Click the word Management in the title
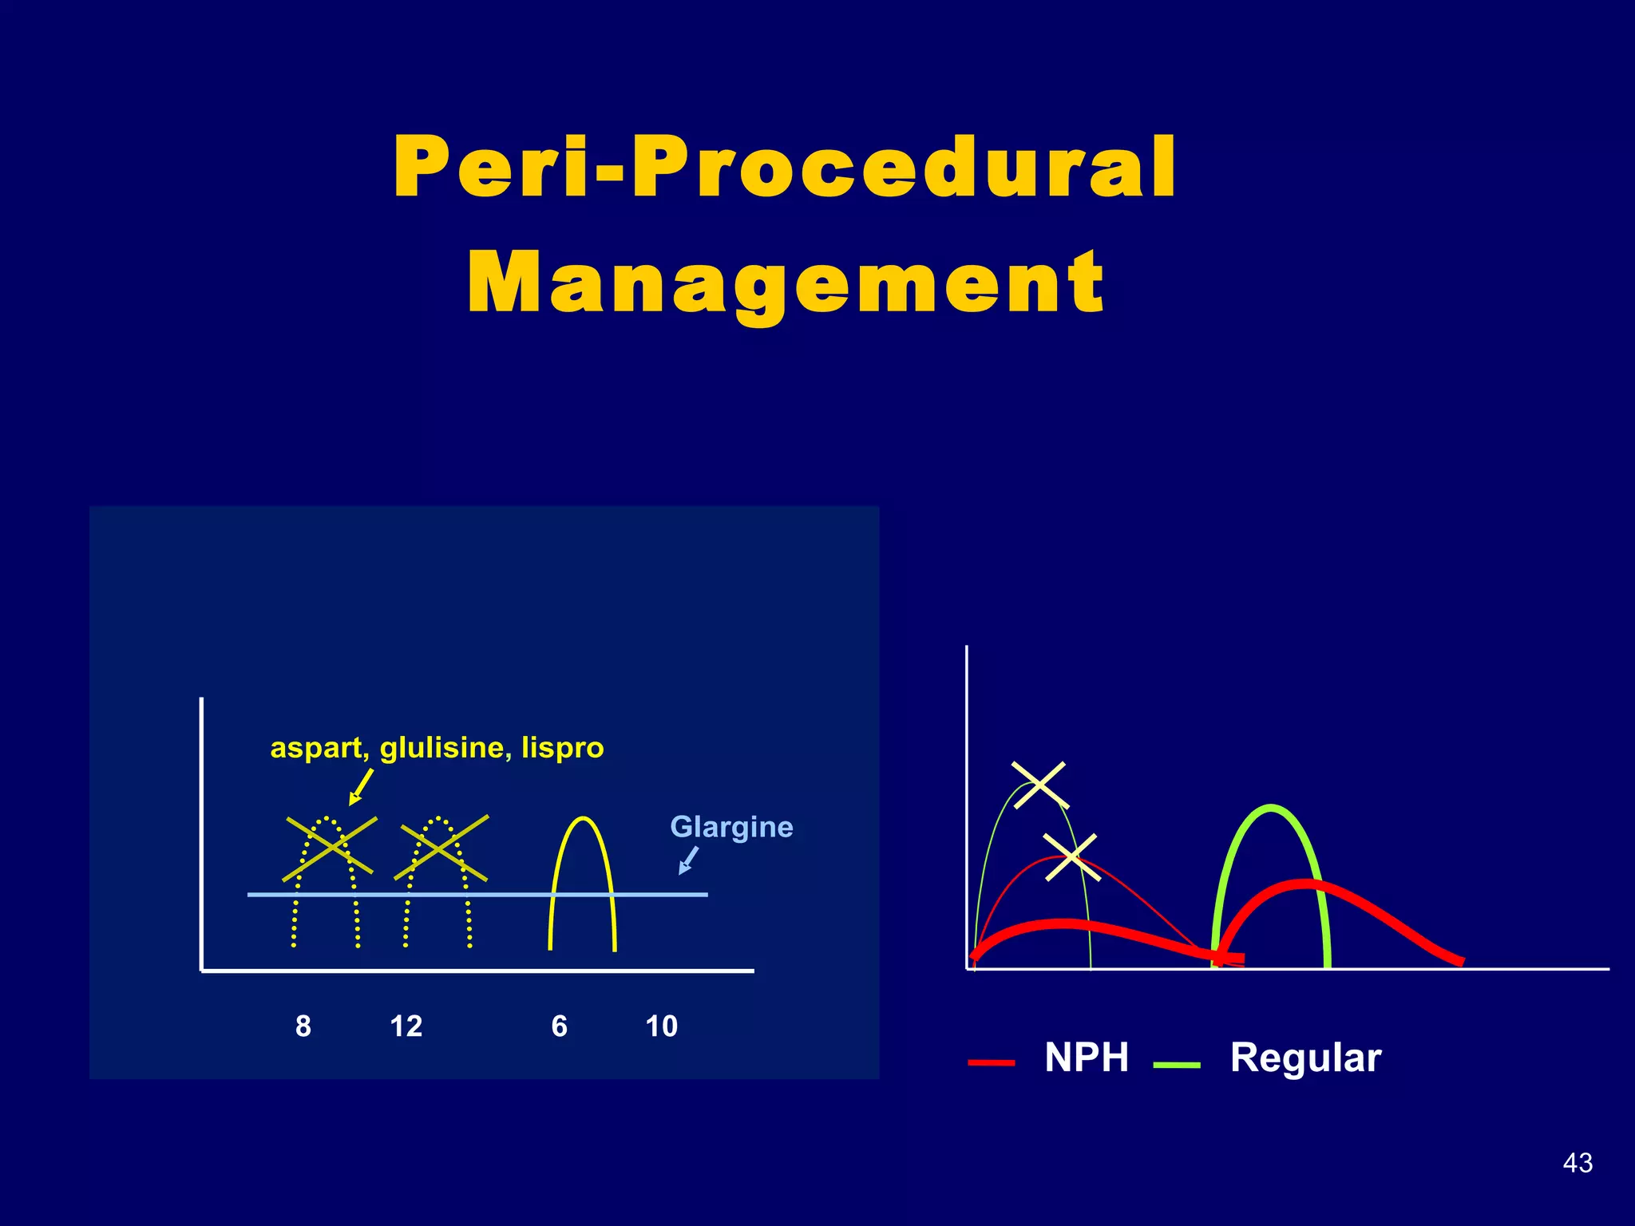coord(786,283)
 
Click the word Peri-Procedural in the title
coord(785,168)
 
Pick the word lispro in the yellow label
coord(562,748)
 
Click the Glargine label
coord(731,827)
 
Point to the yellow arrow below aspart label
coord(361,786)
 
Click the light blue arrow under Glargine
coord(688,860)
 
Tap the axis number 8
coord(303,1026)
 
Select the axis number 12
coord(406,1026)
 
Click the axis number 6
coord(559,1026)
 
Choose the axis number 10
coord(661,1026)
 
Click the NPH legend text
coord(1087,1058)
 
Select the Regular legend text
coord(1305,1058)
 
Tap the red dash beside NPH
coord(991,1063)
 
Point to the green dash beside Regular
coord(1177,1064)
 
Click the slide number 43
coord(1578,1163)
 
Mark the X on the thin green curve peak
coord(1039,785)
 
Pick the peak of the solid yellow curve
coord(583,819)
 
